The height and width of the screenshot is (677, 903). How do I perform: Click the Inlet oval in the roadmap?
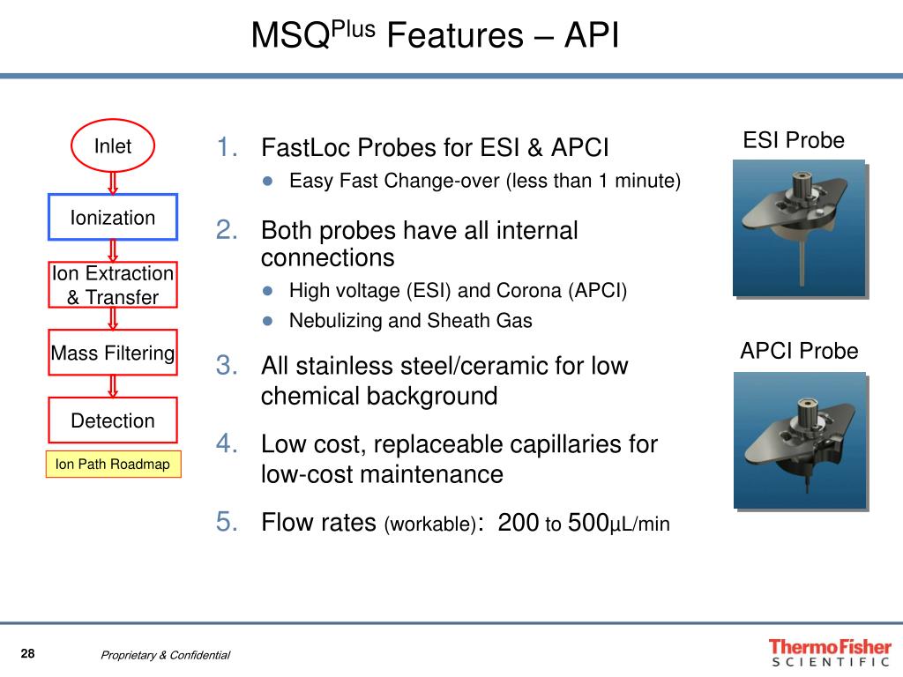tap(113, 146)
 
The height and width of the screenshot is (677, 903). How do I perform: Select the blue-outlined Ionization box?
tap(113, 217)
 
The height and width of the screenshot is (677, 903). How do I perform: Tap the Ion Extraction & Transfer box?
tap(113, 285)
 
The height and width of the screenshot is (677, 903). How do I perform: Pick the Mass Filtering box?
tap(113, 353)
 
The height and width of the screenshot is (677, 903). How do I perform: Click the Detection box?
tap(113, 420)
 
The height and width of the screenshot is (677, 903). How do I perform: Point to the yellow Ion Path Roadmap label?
tap(113, 465)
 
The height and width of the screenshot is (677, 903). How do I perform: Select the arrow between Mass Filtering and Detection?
tap(113, 386)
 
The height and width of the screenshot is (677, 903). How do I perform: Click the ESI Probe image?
tap(799, 227)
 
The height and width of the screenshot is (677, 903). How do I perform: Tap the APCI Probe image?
tap(799, 439)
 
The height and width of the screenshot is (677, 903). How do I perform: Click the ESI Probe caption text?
tap(794, 140)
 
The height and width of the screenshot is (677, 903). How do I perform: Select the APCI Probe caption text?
tap(799, 352)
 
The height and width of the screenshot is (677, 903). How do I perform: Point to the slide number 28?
tap(28, 653)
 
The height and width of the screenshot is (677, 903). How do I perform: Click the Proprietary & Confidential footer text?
tap(165, 655)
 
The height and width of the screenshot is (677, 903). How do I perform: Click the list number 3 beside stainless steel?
tap(228, 365)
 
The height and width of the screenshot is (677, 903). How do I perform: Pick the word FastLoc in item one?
tap(300, 147)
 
